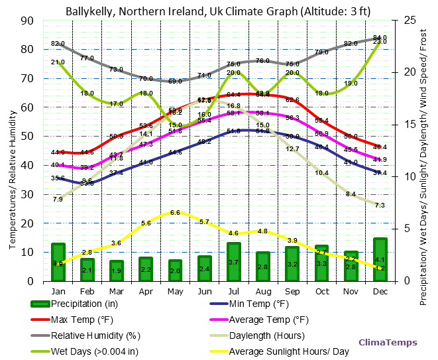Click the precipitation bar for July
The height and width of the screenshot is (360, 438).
point(233,262)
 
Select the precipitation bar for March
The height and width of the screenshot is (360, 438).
point(117,270)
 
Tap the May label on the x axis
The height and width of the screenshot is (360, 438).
point(175,291)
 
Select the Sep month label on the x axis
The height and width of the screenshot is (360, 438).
point(292,291)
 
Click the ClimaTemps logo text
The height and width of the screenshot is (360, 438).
point(388,342)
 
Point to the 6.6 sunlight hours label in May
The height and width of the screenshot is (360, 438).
point(175,213)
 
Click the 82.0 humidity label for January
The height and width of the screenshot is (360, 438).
point(58,44)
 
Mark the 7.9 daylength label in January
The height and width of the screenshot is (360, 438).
point(58,199)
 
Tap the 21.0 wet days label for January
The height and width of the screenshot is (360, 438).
point(58,62)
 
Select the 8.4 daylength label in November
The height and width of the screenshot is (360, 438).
point(351,194)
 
